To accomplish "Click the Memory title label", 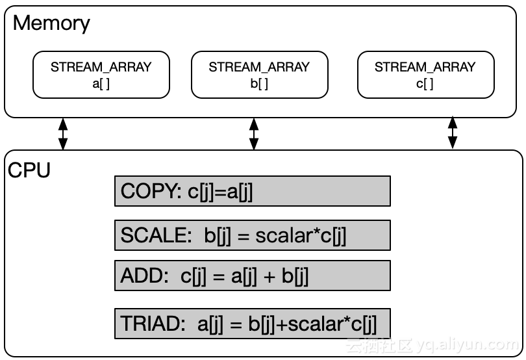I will pyautogui.click(x=51, y=24).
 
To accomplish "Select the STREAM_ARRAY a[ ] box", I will pyautogui.click(x=101, y=75).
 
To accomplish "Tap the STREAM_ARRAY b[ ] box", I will pyautogui.click(x=259, y=75).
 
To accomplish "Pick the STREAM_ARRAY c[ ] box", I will pyautogui.click(x=425, y=75).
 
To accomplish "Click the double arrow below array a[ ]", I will pyautogui.click(x=63, y=134).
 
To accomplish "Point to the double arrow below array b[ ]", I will pyautogui.click(x=254, y=134).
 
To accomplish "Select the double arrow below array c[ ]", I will pyautogui.click(x=453, y=133).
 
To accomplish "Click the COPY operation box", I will pyautogui.click(x=252, y=191).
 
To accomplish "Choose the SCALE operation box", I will pyautogui.click(x=252, y=235).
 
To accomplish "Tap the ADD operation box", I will pyautogui.click(x=252, y=276).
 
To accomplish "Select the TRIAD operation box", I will pyautogui.click(x=252, y=324).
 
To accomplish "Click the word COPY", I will pyautogui.click(x=146, y=192).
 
